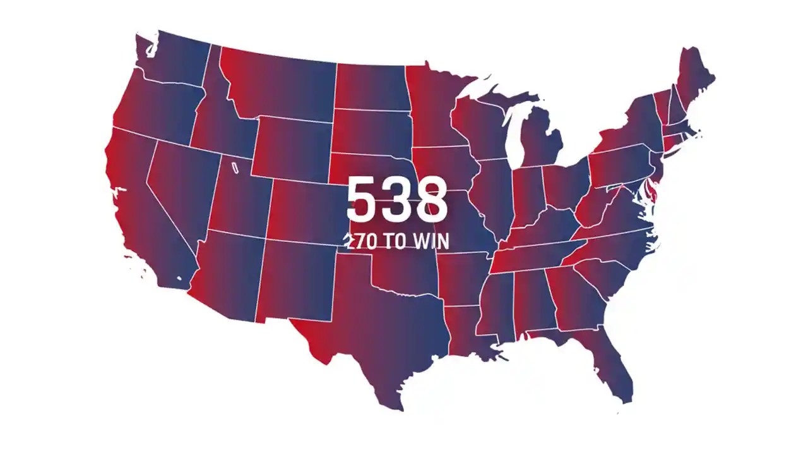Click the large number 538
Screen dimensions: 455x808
pyautogui.click(x=397, y=200)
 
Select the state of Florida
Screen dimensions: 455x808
pyautogui.click(x=615, y=367)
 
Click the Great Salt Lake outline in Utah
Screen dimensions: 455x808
pyautogui.click(x=235, y=168)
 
